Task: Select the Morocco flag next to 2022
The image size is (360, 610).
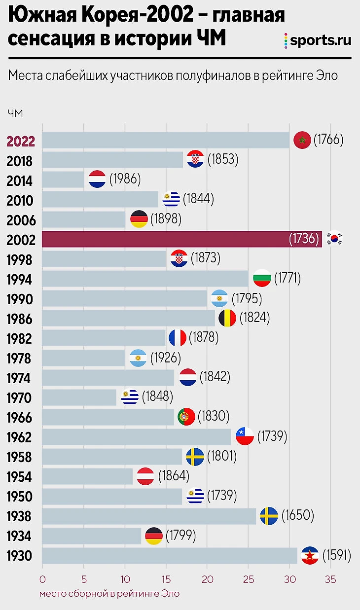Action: (302, 141)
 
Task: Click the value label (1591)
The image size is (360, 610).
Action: (336, 556)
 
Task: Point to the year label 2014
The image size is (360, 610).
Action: (20, 180)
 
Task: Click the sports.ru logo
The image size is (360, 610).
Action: (318, 40)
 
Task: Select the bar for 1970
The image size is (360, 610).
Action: (79, 397)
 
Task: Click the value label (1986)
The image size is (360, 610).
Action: (125, 180)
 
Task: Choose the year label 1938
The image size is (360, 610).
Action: (20, 516)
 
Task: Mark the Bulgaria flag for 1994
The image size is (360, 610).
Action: (261, 279)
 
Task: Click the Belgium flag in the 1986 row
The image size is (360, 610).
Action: (227, 319)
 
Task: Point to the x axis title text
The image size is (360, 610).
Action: (109, 594)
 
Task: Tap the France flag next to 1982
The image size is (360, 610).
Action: (178, 338)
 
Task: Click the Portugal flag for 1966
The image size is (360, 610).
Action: (186, 417)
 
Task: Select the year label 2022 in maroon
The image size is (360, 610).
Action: (21, 141)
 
